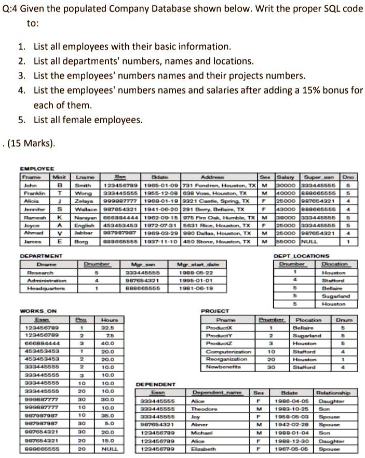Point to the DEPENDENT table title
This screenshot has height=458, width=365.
pyautogui.click(x=155, y=384)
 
